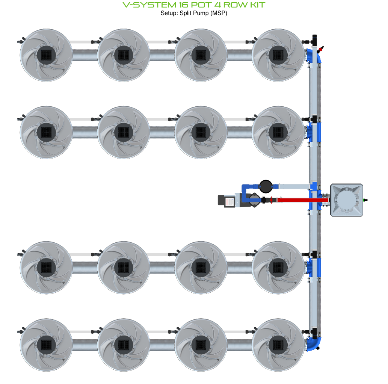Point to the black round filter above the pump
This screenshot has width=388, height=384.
[x=266, y=185]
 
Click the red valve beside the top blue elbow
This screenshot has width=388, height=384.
[x=320, y=49]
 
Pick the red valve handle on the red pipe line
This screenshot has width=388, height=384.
[x=270, y=200]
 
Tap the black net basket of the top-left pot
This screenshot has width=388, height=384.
[x=46, y=55]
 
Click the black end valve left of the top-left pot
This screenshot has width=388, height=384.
[x=20, y=41]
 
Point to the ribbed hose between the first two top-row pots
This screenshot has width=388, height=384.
[x=85, y=56]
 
